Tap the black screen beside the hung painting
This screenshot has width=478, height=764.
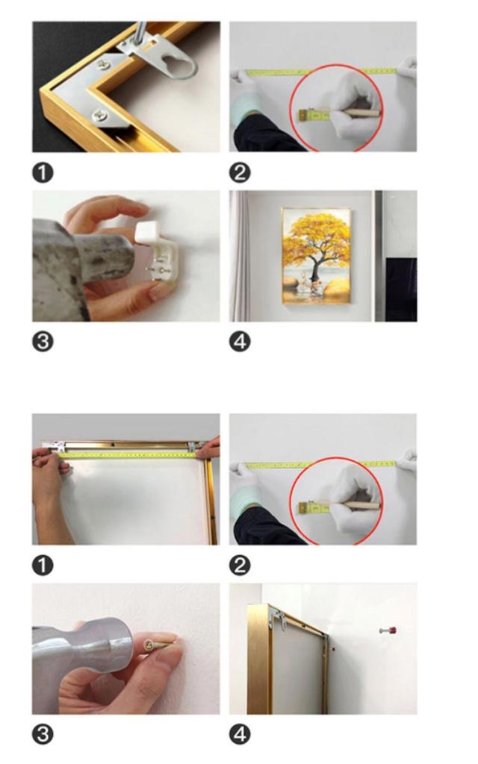[x=401, y=289]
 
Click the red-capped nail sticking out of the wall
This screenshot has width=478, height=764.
[x=388, y=630]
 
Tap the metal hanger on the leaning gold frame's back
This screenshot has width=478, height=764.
[x=278, y=619]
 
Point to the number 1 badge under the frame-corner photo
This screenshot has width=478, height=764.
[x=43, y=173]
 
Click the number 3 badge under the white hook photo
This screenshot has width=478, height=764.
[x=43, y=342]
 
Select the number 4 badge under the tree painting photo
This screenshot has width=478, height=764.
[x=240, y=342]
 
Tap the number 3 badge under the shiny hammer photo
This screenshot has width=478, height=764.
[x=43, y=735]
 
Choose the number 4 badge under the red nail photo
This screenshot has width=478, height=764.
[x=240, y=735]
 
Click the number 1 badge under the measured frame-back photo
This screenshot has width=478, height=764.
[x=43, y=566]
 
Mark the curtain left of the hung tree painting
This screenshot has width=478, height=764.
[x=240, y=256]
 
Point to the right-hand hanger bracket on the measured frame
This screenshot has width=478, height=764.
[x=192, y=446]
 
